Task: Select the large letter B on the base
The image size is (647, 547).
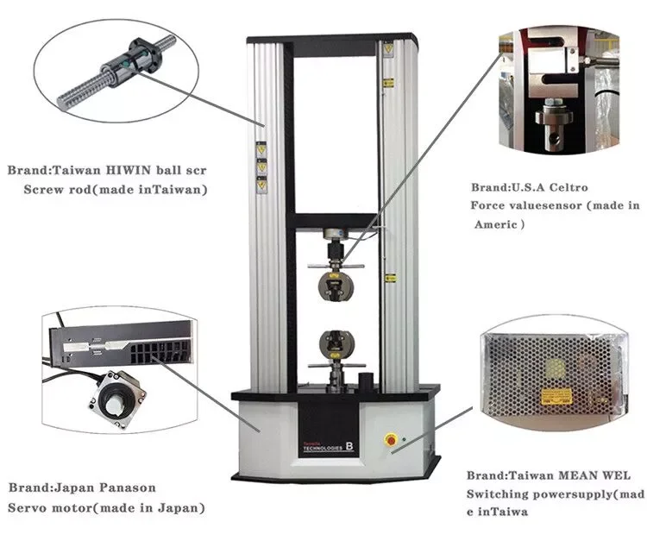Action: click(350, 447)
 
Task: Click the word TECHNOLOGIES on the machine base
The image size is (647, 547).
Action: click(319, 451)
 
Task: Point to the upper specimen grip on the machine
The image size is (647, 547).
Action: click(334, 281)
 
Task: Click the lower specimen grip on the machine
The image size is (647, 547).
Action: click(334, 343)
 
